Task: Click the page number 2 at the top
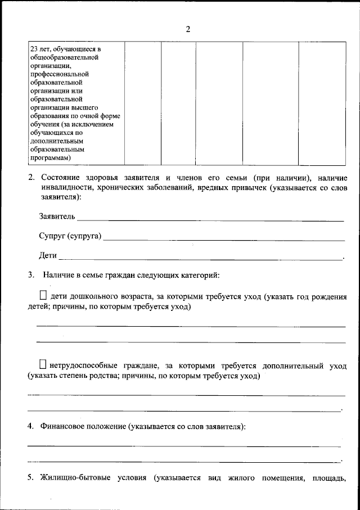coord(188,30)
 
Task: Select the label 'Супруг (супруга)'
coord(70,236)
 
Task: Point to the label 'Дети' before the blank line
coord(48,255)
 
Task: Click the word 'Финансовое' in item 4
coord(63,427)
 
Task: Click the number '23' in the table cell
coord(34,49)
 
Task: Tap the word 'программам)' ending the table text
coord(50,158)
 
